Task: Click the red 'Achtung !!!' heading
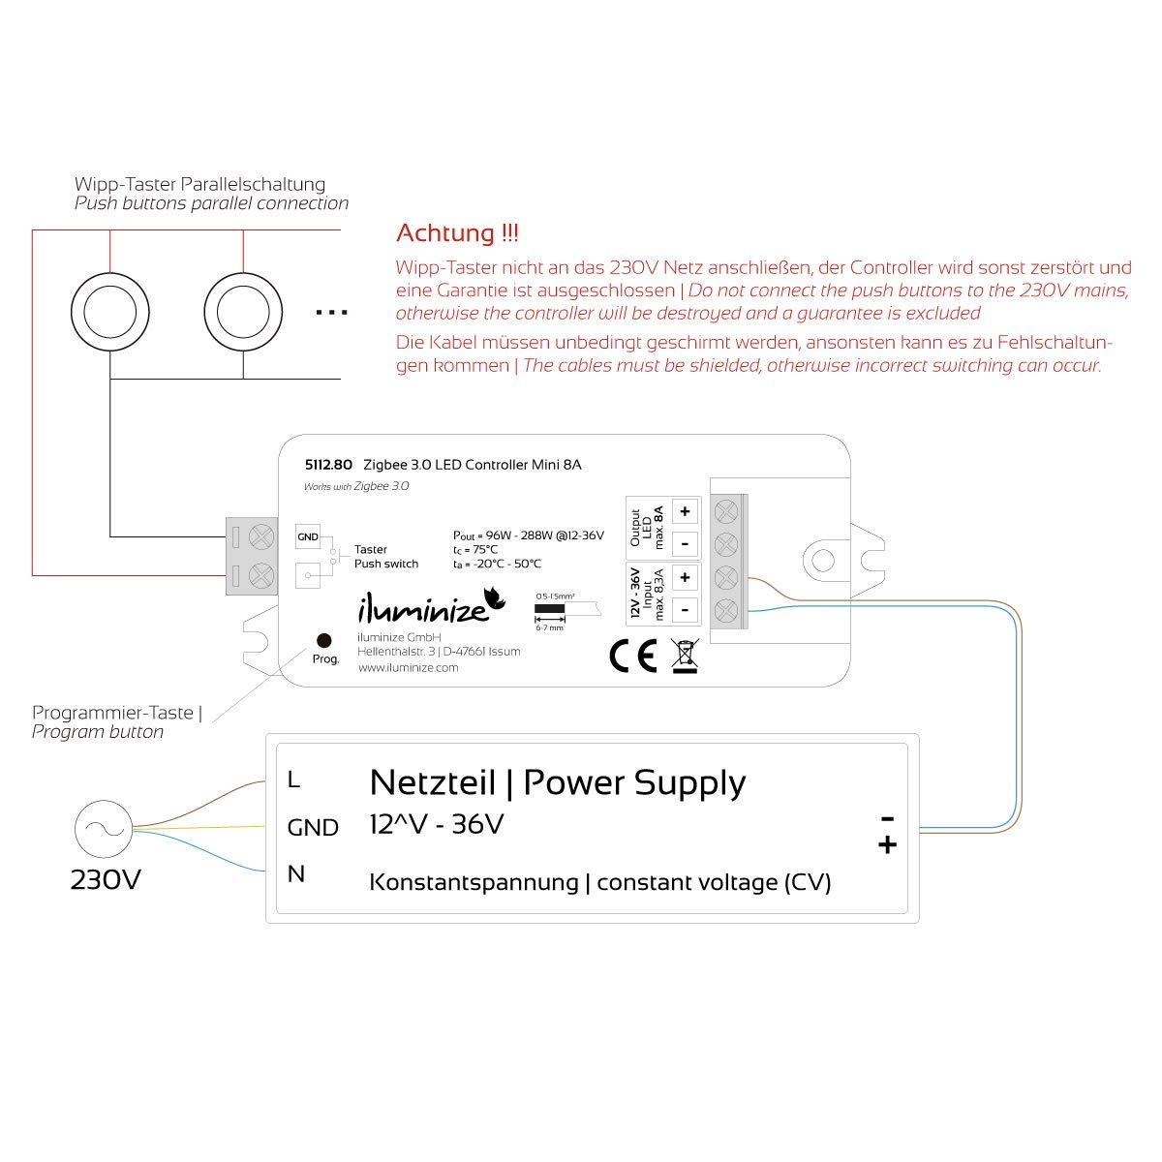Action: click(457, 233)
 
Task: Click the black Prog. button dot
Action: click(324, 640)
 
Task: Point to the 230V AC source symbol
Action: click(102, 828)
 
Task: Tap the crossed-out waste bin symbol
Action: click(685, 656)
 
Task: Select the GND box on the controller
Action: click(307, 535)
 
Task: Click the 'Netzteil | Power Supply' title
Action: click(558, 781)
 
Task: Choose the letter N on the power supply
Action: click(295, 873)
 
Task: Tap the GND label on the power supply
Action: click(313, 828)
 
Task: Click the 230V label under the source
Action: click(106, 880)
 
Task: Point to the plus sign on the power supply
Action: click(886, 846)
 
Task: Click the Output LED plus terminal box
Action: click(685, 511)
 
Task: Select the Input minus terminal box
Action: click(685, 610)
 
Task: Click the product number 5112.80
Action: click(329, 465)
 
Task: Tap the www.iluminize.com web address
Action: click(408, 668)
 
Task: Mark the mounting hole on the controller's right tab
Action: click(822, 560)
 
